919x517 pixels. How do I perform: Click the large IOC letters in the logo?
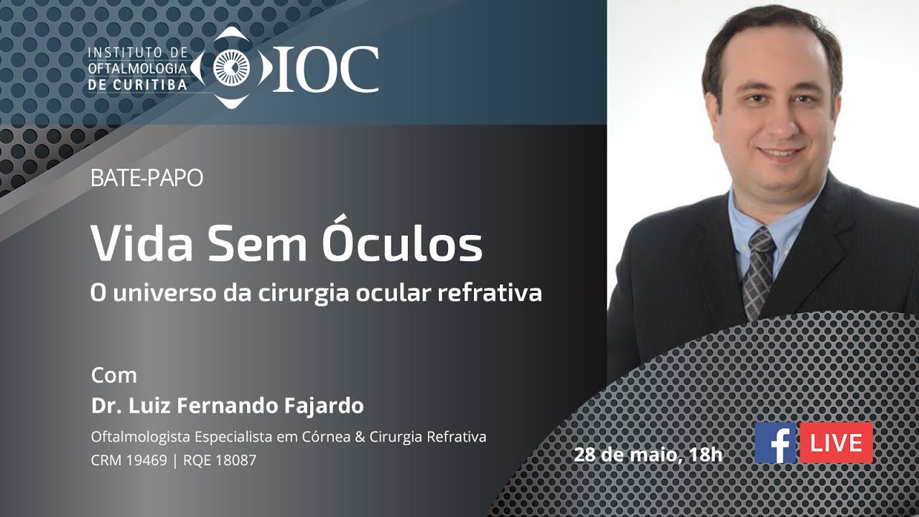tap(325, 69)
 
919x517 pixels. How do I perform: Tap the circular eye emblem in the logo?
tap(231, 68)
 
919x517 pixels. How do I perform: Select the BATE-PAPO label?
tap(146, 178)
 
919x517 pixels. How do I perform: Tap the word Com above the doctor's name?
tap(113, 375)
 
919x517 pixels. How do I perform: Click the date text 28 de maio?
tap(622, 454)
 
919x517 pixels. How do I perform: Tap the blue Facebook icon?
tap(775, 442)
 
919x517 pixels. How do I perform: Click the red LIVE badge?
tap(836, 442)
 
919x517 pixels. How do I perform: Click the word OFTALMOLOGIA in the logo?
tap(137, 68)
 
